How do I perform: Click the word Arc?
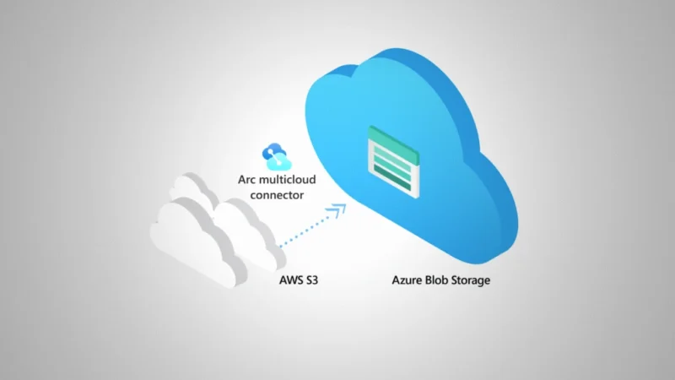(251, 179)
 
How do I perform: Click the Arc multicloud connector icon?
(276, 155)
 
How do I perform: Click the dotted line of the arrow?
(304, 233)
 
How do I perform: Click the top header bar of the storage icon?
(393, 133)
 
